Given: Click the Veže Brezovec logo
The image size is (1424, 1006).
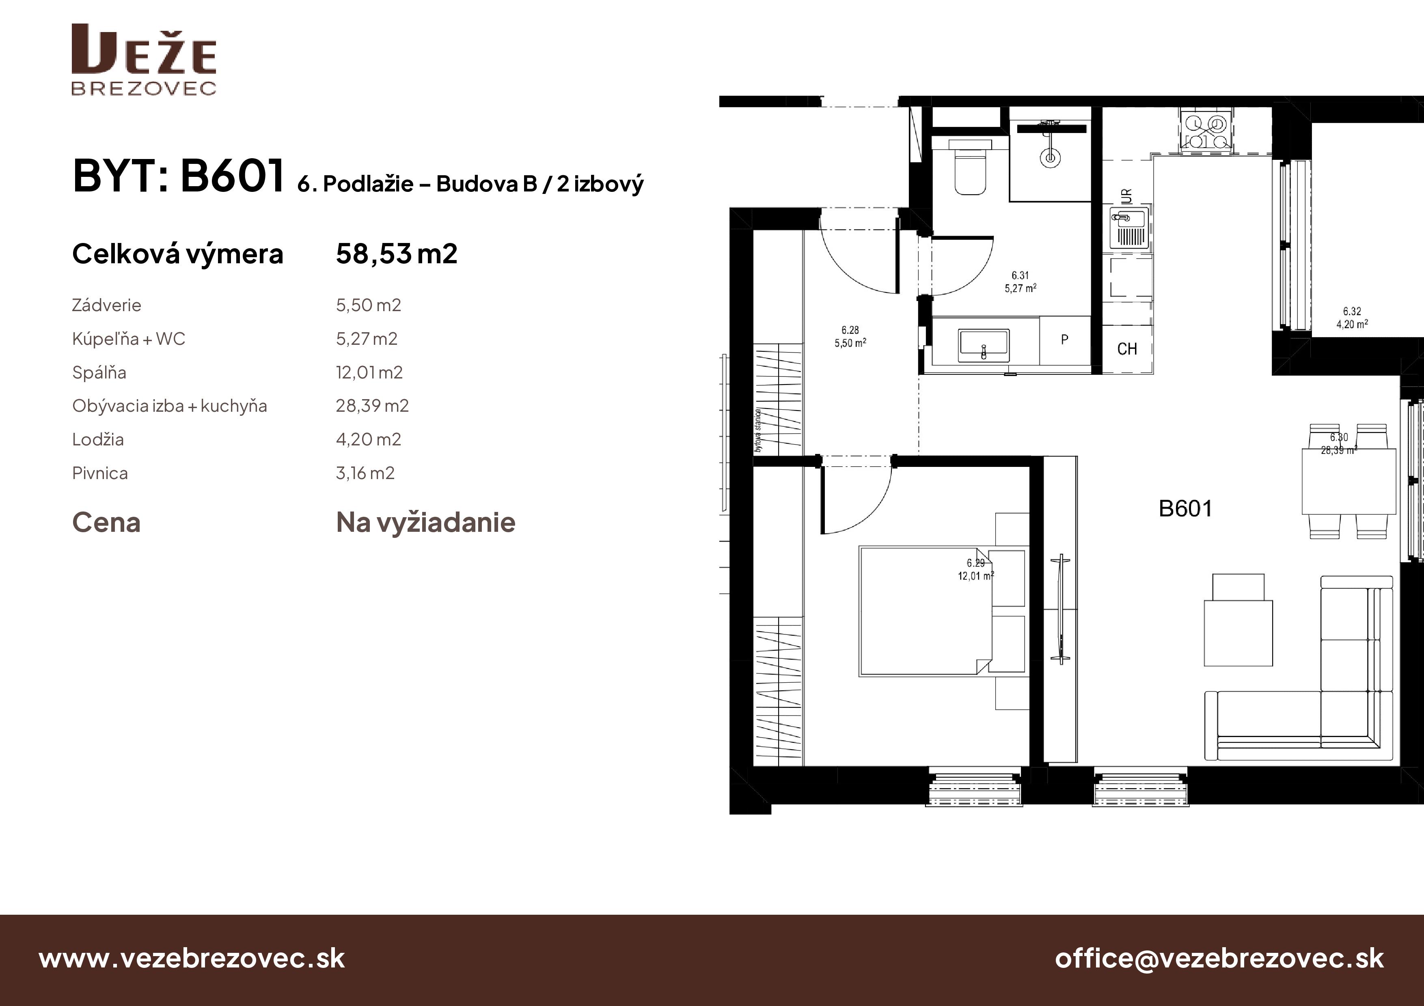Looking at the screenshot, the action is [x=144, y=60].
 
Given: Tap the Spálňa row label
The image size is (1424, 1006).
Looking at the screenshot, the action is [x=99, y=372].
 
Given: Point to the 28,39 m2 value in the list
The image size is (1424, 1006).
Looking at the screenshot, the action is [x=372, y=406].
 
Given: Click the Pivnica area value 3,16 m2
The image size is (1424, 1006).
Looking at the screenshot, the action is [x=365, y=473].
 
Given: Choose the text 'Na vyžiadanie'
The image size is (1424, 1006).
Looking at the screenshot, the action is [x=425, y=522].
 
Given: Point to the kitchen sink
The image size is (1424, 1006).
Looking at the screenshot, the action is [x=1129, y=228].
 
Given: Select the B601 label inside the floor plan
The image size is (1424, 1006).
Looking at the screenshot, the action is [x=1185, y=509].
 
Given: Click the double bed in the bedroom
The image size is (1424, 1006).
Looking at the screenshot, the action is [x=926, y=610].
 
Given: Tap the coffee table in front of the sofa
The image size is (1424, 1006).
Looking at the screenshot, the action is [x=1238, y=633].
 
